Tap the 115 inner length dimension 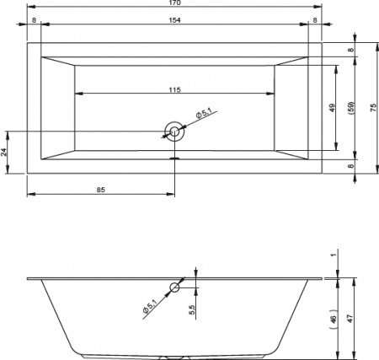(x=174, y=89)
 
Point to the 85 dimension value (x=100, y=191)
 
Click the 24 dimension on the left (x=4, y=152)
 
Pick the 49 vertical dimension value (x=333, y=107)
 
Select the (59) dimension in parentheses (x=350, y=107)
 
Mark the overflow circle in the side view (x=174, y=287)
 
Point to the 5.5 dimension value (x=192, y=309)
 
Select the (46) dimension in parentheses (x=334, y=319)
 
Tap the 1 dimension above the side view (x=334, y=254)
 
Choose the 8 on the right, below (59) (x=351, y=167)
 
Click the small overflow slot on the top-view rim (x=174, y=156)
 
